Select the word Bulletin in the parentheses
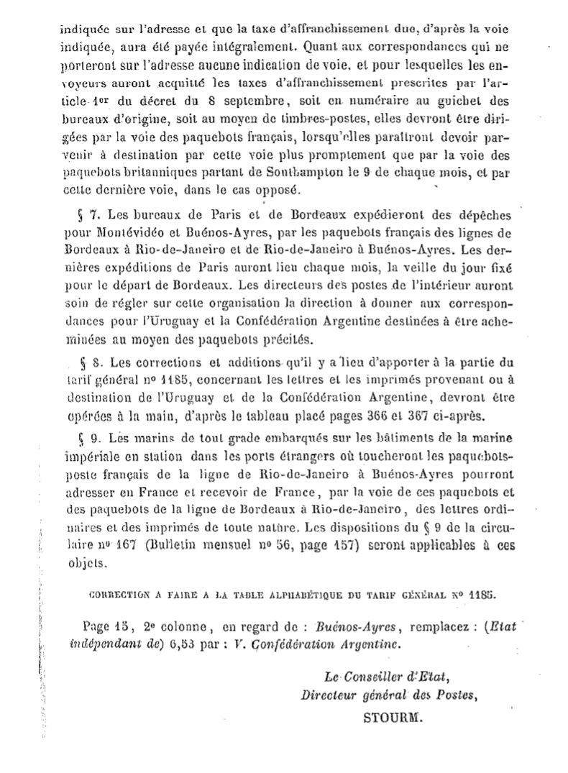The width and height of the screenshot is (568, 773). (x=170, y=546)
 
